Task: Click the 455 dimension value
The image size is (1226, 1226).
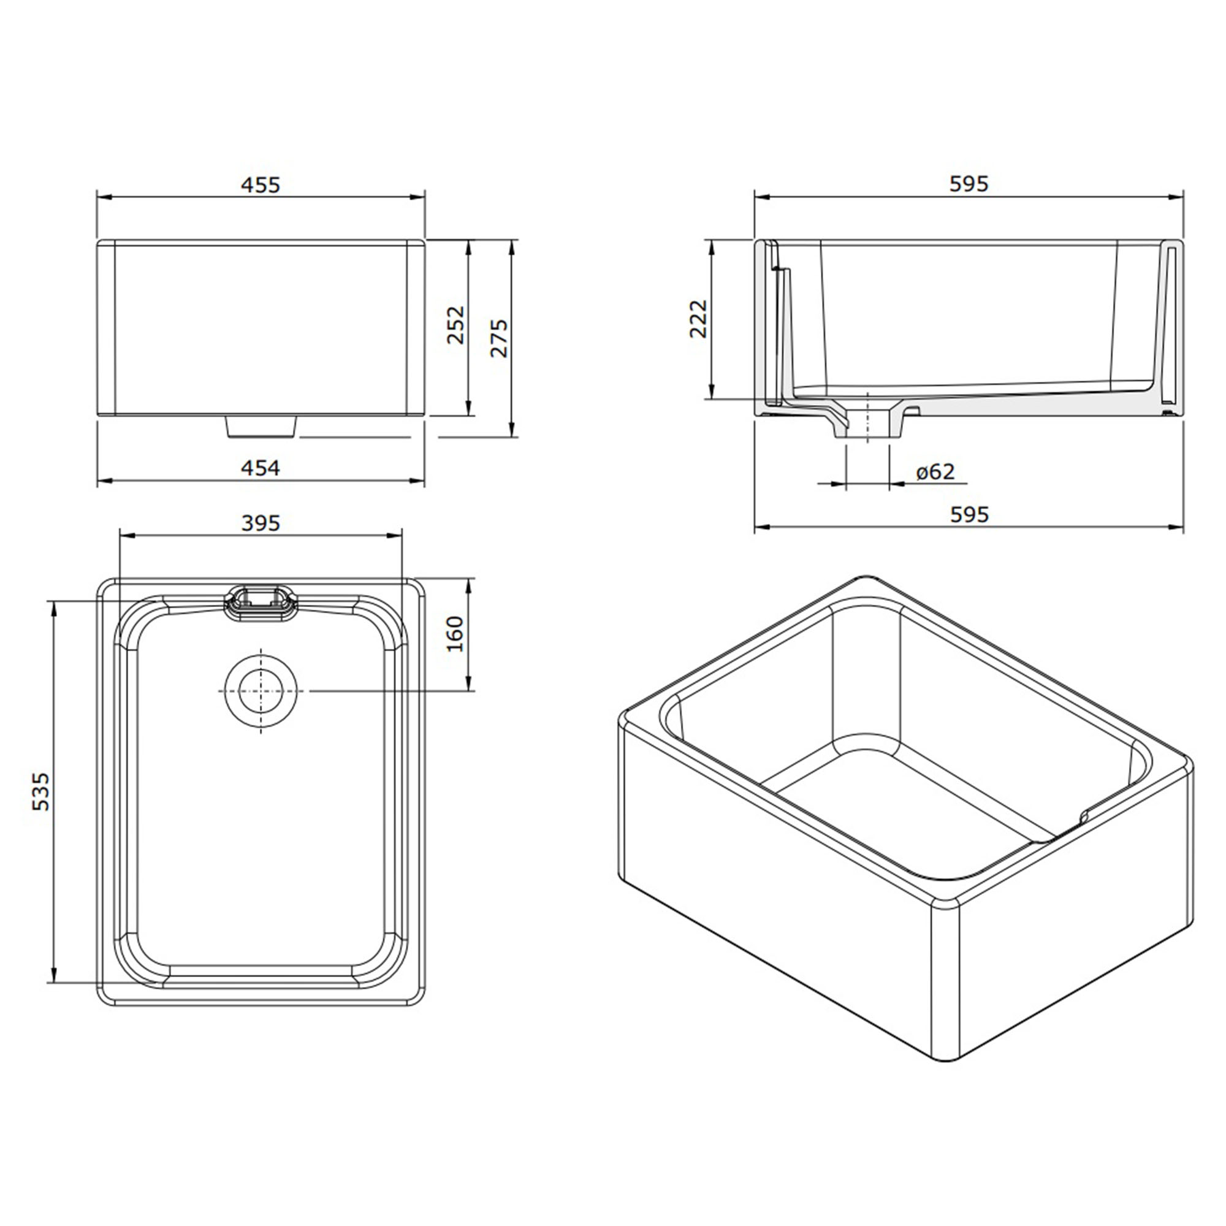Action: tap(260, 185)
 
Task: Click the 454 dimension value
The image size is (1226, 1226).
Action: tap(260, 468)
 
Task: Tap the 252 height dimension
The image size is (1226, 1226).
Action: tap(455, 325)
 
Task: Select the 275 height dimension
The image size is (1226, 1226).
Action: tap(500, 338)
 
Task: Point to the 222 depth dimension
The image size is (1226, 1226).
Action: tap(698, 319)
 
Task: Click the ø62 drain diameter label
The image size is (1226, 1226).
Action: tap(935, 471)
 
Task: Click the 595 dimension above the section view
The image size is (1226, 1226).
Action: tap(969, 183)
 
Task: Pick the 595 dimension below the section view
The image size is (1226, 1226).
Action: tap(969, 514)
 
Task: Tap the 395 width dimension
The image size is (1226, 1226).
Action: tap(260, 523)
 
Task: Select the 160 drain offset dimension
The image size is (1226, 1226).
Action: tap(455, 633)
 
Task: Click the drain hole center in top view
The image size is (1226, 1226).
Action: tap(261, 691)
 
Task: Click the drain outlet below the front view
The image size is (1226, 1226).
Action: tap(261, 427)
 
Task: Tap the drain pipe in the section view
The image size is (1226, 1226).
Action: tap(867, 424)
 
